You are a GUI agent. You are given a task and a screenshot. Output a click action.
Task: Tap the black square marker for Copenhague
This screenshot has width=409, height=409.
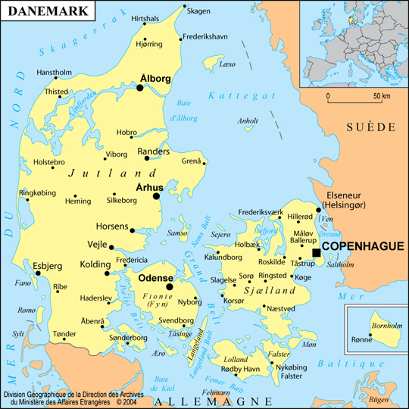point(316,252)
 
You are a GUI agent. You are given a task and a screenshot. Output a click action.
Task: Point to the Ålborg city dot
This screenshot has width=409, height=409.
point(140,88)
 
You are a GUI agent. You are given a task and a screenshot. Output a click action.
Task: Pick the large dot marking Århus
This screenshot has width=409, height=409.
point(157,196)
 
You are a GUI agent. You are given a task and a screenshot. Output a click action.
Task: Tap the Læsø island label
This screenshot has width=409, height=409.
point(226,65)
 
